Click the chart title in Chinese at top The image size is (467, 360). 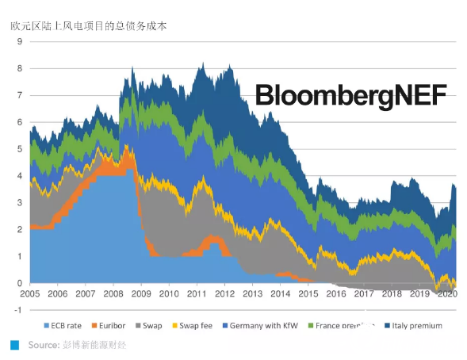pos(88,25)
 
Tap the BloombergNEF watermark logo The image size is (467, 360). pos(350,98)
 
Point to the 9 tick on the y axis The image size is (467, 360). pos(18,42)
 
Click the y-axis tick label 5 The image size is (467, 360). pos(18,149)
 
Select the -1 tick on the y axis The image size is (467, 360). pos(17,310)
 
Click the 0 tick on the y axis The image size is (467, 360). pos(18,283)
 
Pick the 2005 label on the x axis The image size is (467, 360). pos(30,294)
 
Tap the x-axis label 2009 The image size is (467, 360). pos(140,294)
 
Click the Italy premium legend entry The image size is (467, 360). pos(417,325)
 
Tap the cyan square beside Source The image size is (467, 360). pos(15,345)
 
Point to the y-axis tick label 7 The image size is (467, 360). pos(18,95)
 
